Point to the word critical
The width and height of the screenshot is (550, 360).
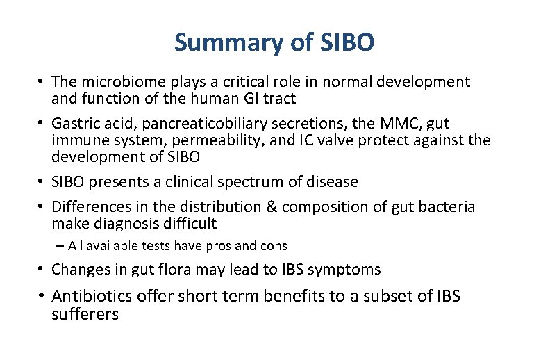tap(247, 82)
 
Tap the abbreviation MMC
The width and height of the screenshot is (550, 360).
tap(398, 124)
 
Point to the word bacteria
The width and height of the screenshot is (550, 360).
tap(444, 207)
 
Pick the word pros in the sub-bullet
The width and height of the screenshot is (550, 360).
tap(222, 246)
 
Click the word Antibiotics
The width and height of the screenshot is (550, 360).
tap(92, 296)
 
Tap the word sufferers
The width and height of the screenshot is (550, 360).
tap(85, 314)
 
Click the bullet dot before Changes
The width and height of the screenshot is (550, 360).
tap(42, 269)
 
